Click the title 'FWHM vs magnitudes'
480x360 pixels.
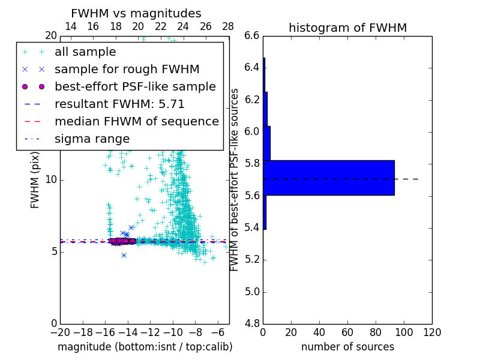click(x=136, y=14)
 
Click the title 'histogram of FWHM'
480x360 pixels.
click(x=347, y=28)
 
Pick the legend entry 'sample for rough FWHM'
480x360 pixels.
click(x=127, y=70)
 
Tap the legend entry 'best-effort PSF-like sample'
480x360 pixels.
click(x=135, y=86)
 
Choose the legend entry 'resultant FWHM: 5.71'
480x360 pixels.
click(x=119, y=104)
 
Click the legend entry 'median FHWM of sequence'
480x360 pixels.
click(x=136, y=121)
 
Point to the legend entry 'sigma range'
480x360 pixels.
click(x=92, y=139)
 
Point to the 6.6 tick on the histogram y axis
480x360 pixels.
click(x=251, y=35)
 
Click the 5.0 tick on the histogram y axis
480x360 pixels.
click(x=251, y=292)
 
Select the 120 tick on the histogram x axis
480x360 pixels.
click(x=432, y=332)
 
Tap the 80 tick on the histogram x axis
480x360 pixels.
click(x=376, y=332)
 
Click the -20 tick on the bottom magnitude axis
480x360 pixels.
click(x=60, y=332)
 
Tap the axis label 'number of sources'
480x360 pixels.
click(x=347, y=347)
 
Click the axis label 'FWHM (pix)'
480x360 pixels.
click(x=35, y=180)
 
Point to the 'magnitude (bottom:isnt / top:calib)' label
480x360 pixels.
click(x=145, y=347)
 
